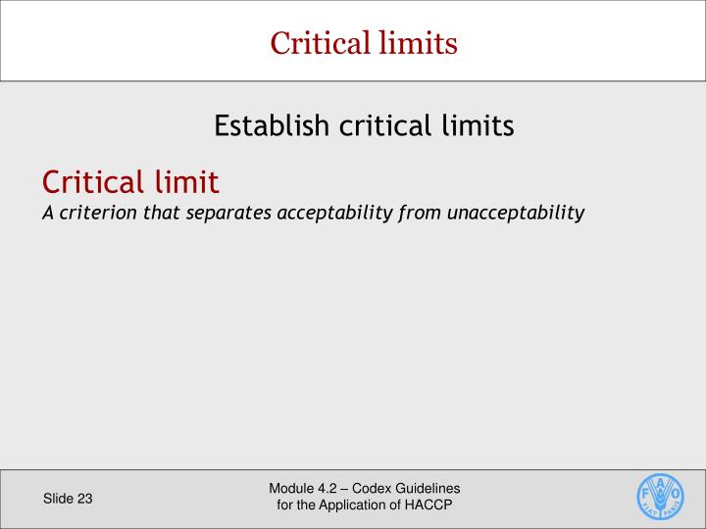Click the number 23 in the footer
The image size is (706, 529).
coord(84,499)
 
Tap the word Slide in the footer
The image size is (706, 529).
coord(58,499)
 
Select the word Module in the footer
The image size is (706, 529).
coord(291,489)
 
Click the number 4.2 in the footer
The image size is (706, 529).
coord(330,489)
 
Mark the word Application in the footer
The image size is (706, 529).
coord(360,505)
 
